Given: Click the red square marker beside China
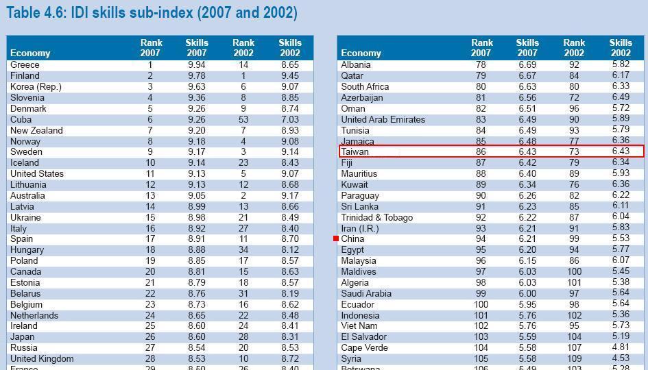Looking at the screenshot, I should click(336, 238).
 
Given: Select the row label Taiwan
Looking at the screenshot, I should click(355, 151).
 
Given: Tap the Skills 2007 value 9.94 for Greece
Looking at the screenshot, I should click(196, 65).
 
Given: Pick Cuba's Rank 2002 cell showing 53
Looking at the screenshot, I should click(243, 119).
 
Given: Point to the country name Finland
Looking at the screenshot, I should click(25, 75).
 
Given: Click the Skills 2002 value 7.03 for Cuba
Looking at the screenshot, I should click(289, 119).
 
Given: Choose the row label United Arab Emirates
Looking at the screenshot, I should click(383, 119).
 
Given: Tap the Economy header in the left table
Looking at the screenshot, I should click(30, 53).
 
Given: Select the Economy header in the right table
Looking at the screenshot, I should click(361, 53).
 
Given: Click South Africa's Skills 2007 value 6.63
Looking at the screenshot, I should click(527, 86).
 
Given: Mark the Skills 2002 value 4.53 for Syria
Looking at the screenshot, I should click(621, 358).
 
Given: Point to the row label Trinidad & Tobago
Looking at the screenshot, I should click(376, 217).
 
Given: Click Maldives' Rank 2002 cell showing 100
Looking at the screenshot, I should click(574, 271).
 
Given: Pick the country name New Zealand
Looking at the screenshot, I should click(36, 130).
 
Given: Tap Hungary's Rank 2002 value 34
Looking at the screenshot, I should click(243, 250).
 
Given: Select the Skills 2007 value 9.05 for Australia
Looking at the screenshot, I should click(196, 195).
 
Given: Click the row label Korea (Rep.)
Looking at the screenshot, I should click(36, 86).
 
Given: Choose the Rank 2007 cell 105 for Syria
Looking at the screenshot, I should click(481, 358).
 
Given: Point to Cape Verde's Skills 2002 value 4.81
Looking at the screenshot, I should click(621, 347).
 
